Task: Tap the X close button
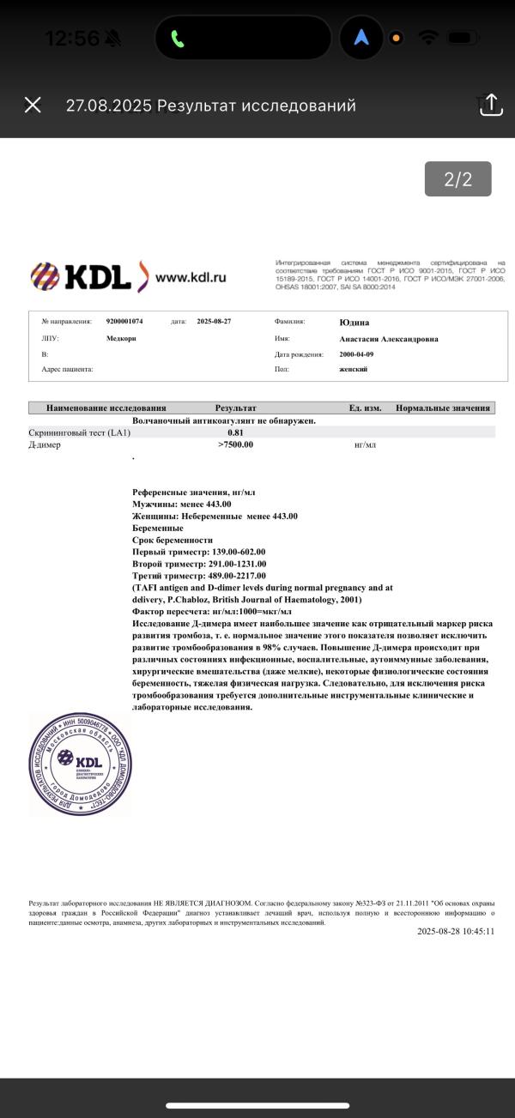(33, 105)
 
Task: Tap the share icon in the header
(489, 105)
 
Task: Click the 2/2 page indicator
(457, 179)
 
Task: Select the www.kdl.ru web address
(191, 277)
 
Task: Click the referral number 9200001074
(124, 321)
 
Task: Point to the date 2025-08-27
(214, 321)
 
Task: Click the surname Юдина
(354, 322)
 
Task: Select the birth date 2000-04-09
(357, 354)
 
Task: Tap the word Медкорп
(121, 338)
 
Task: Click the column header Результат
(235, 408)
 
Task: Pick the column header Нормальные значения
(443, 408)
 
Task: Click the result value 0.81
(235, 432)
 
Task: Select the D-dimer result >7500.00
(235, 444)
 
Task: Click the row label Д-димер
(44, 444)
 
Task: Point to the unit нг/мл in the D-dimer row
(365, 444)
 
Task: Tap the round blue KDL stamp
(82, 763)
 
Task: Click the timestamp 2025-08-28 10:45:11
(456, 931)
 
